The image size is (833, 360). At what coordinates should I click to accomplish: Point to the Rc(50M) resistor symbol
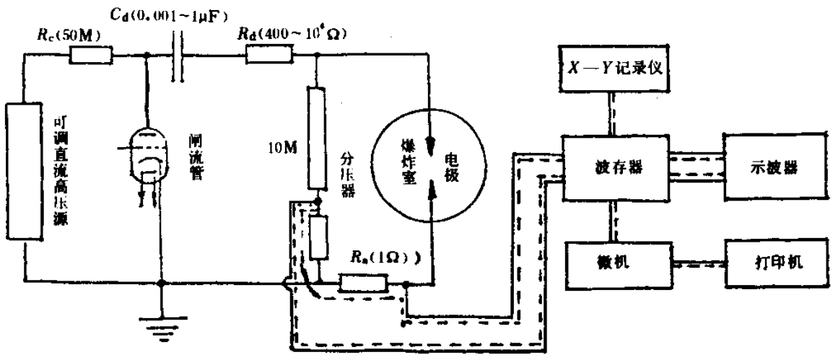point(91,55)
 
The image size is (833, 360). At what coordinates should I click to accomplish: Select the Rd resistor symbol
point(268,55)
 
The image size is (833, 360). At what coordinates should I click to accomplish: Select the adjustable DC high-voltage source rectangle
point(23,165)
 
